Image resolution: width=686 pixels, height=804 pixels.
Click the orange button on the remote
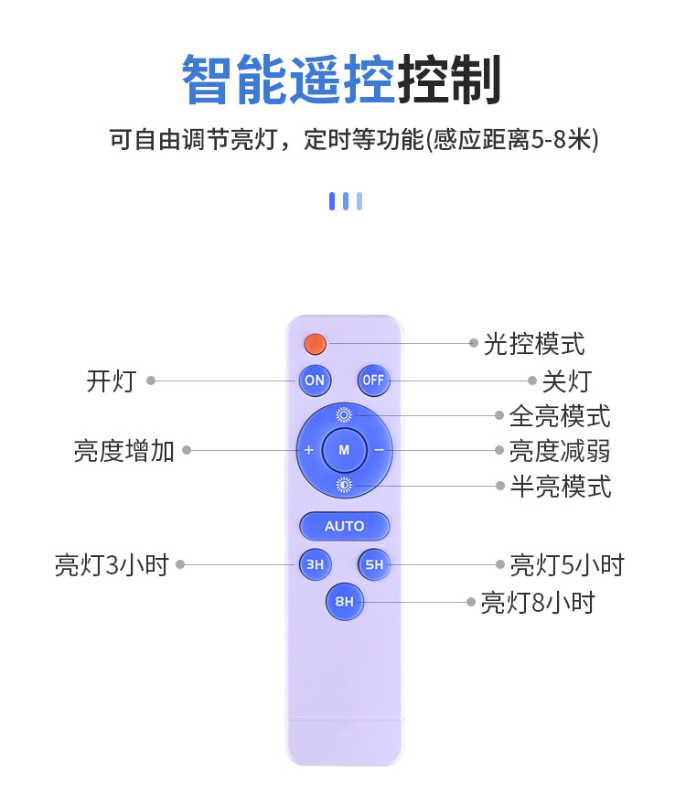click(x=316, y=344)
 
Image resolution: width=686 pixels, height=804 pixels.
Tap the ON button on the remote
click(x=315, y=380)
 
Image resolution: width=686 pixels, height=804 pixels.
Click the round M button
click(x=344, y=450)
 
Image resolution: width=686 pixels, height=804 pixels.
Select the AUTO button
click(x=344, y=526)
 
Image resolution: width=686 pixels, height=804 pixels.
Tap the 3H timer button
click(x=315, y=564)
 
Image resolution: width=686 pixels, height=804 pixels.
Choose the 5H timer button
click(x=374, y=564)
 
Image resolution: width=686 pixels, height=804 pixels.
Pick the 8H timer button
click(x=344, y=601)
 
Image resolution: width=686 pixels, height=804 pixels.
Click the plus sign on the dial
click(x=308, y=450)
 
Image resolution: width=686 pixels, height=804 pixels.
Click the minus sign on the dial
click(x=379, y=450)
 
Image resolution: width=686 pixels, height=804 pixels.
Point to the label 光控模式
click(x=534, y=344)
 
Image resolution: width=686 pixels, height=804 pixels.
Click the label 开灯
click(x=111, y=381)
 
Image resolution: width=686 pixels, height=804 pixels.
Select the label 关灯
click(x=566, y=381)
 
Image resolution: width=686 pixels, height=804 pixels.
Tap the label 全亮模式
click(x=560, y=416)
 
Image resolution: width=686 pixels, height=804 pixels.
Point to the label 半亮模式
click(x=560, y=487)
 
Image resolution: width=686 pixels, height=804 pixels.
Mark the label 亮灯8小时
click(x=538, y=603)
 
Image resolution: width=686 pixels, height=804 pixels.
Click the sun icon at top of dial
click(x=344, y=414)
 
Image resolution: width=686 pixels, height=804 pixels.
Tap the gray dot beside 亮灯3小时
click(x=180, y=564)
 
